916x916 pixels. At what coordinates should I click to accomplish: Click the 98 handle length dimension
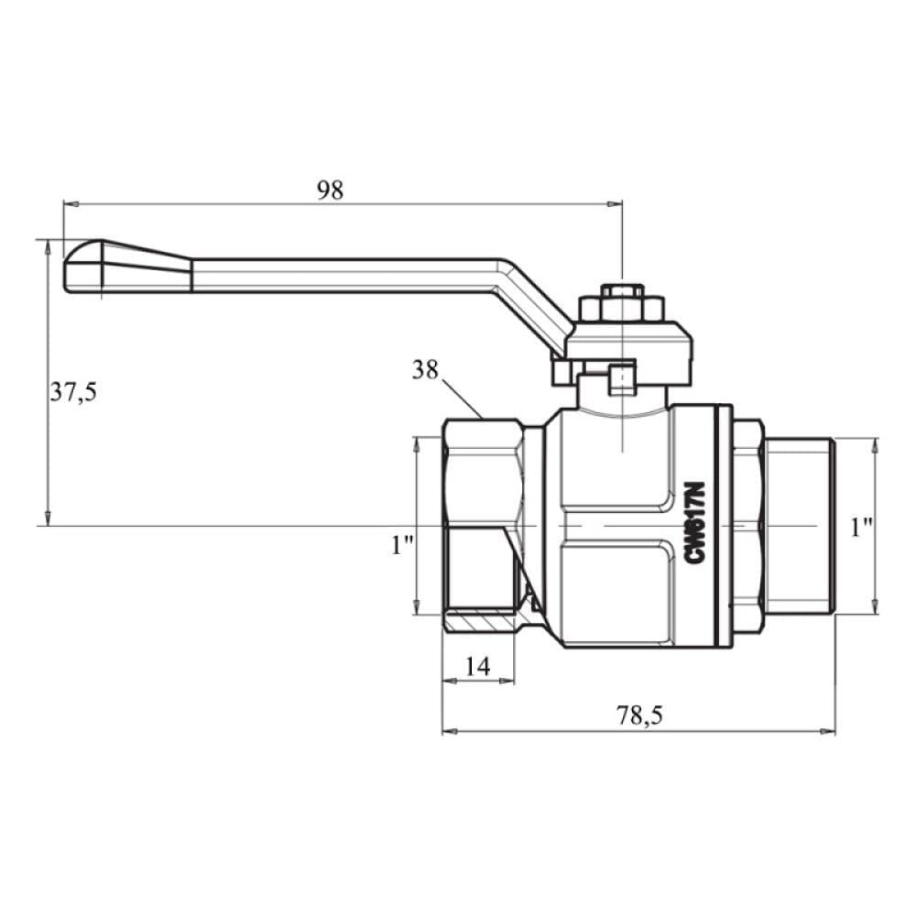click(x=330, y=191)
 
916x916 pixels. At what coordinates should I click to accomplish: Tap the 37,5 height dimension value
click(x=73, y=391)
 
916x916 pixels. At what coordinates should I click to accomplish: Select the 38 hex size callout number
click(x=425, y=370)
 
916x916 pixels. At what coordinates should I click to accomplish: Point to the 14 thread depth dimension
click(x=478, y=666)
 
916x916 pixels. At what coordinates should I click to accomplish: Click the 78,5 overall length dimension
click(x=639, y=715)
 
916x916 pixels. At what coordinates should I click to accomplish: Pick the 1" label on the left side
click(x=402, y=545)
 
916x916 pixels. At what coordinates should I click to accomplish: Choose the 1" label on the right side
click(x=861, y=528)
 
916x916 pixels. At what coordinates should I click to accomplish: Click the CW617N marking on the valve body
click(x=695, y=523)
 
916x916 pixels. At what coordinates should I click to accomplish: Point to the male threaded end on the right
click(x=801, y=526)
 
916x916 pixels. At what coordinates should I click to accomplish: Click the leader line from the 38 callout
click(x=463, y=399)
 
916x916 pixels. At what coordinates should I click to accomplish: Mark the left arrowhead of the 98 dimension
click(x=71, y=204)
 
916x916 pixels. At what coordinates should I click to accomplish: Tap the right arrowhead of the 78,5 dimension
click(x=828, y=731)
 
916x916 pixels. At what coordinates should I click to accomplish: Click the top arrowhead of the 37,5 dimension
click(x=48, y=247)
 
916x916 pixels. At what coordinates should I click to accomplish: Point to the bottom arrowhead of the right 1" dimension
click(x=875, y=606)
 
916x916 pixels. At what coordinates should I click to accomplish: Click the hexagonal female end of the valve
click(x=483, y=526)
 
